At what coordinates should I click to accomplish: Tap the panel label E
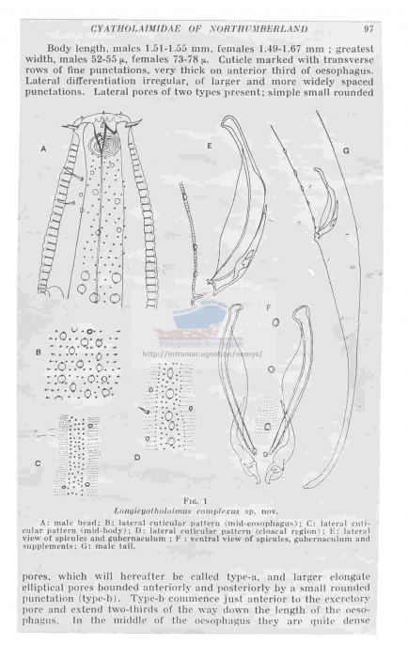coord(208,147)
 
